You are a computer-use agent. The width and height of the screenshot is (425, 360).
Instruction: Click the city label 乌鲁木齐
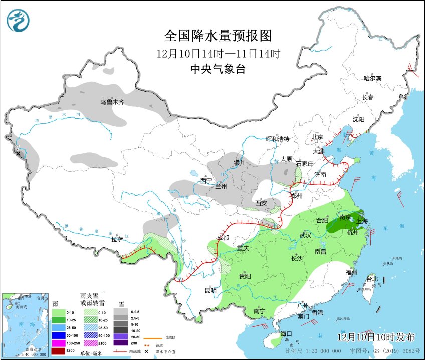[112, 102]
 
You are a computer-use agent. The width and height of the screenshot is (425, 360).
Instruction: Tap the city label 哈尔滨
[372, 78]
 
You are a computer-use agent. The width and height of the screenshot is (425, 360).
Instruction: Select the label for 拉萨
[117, 240]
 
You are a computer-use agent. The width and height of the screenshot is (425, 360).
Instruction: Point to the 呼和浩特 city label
[277, 139]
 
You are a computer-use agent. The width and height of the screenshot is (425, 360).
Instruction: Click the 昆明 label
[210, 290]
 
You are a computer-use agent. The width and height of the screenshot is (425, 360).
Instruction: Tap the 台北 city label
[372, 279]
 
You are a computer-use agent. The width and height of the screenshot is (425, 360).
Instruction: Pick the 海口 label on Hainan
[286, 334]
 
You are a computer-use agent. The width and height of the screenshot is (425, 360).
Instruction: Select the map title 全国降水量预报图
[218, 36]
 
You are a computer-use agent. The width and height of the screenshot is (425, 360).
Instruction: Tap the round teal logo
[18, 21]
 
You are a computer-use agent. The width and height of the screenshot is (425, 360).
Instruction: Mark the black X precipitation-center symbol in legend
[146, 351]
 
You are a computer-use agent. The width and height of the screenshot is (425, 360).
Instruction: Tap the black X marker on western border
[19, 153]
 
